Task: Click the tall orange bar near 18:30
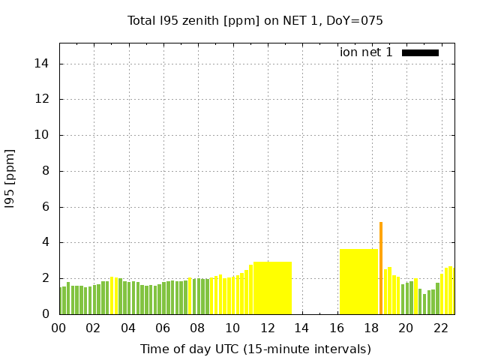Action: pos(381,268)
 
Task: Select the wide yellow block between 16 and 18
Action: pos(358,281)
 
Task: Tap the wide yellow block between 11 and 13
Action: pos(272,288)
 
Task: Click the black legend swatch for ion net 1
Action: pos(420,52)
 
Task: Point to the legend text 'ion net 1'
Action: pos(366,52)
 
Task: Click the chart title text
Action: pos(255,21)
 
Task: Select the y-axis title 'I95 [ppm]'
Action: pos(10,178)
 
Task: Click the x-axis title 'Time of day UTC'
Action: pos(255,349)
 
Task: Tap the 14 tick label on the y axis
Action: pos(42,64)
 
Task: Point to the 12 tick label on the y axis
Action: pos(42,99)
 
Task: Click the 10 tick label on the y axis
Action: pos(42,135)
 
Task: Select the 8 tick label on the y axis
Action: pos(45,171)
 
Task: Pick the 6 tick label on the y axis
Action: pos(45,207)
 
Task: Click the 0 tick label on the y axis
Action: pos(45,314)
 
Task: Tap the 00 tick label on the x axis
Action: pos(59,328)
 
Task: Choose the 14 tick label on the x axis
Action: pos(301,328)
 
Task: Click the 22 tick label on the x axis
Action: pos(441,328)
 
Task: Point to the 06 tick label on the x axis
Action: pos(163,328)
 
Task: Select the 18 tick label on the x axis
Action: pos(371,328)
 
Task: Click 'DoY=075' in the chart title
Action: pos(358,21)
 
